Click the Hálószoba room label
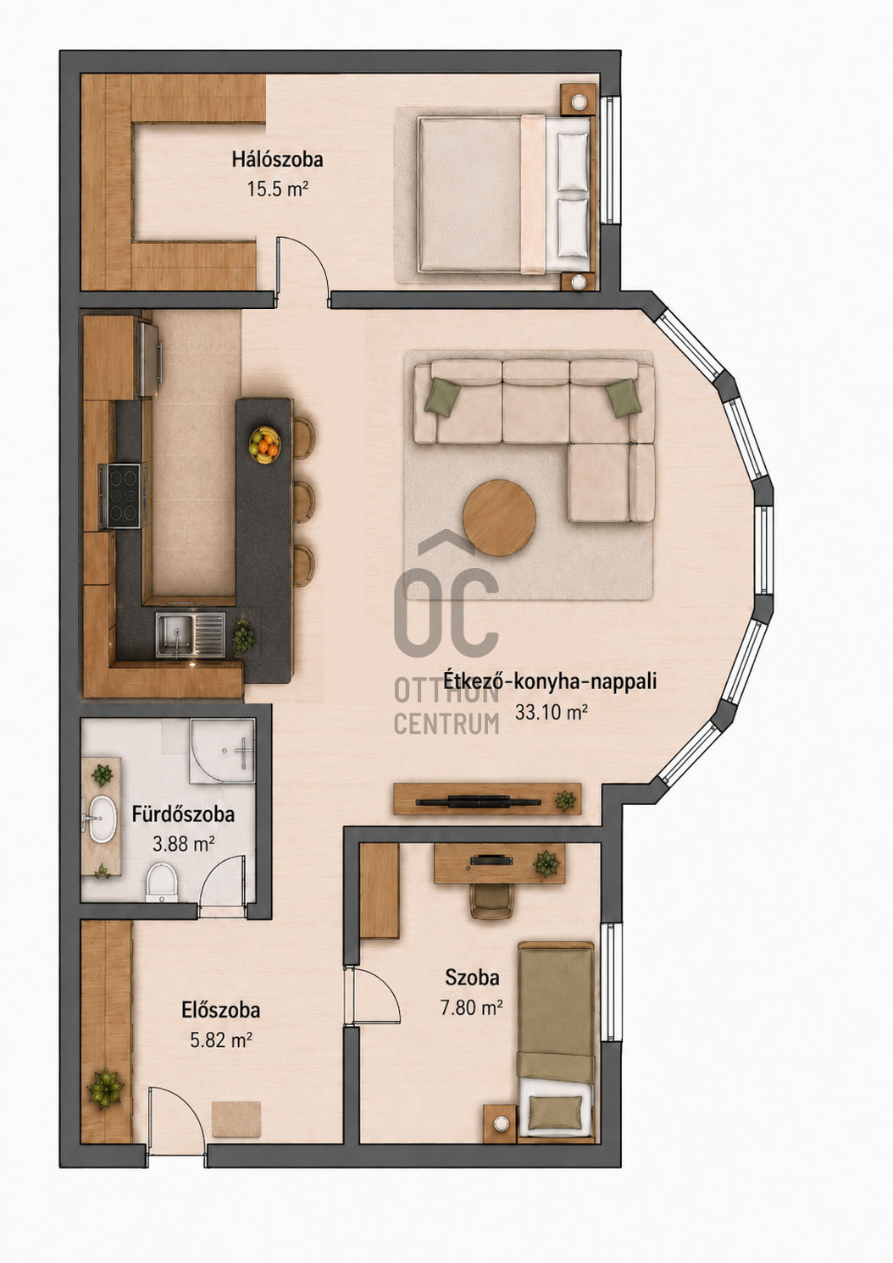[x=278, y=159]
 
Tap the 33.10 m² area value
[x=552, y=713]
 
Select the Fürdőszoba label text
[x=184, y=814]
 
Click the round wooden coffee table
[x=499, y=517]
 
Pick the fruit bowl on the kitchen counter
[x=264, y=445]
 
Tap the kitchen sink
[x=191, y=634]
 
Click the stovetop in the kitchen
[x=120, y=495]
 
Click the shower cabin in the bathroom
[x=222, y=751]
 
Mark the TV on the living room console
[x=479, y=800]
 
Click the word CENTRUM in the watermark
[x=446, y=724]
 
